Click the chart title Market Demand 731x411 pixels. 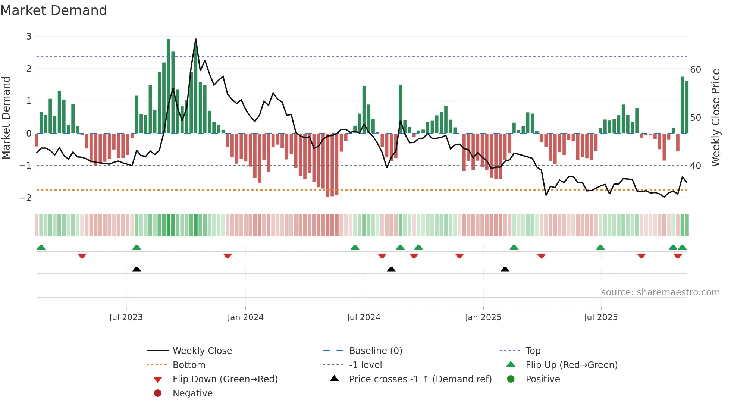coord(54,10)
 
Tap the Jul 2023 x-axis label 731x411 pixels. coord(126,317)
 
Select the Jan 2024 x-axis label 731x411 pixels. coord(245,317)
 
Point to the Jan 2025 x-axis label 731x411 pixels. coord(483,317)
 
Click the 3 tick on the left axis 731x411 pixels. coord(29,37)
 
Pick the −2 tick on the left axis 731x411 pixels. coord(25,198)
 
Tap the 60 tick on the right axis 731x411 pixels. coord(696,70)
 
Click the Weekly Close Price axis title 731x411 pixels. coord(715,117)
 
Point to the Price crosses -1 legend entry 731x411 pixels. coord(420,379)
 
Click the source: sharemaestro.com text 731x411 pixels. coord(660,292)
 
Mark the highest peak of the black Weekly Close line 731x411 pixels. coord(196,39)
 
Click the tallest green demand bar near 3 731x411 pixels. coord(169,86)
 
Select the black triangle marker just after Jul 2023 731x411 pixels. coord(137,269)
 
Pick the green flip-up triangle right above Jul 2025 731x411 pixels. coord(600,247)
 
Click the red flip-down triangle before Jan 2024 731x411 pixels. coord(228,256)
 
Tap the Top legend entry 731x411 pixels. coord(533,351)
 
